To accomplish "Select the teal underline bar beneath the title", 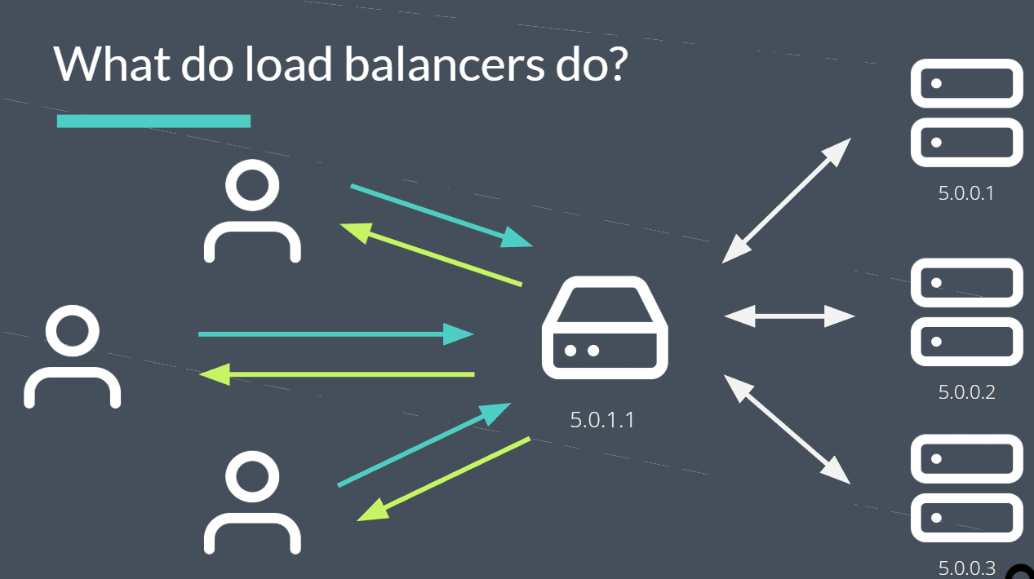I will [153, 121].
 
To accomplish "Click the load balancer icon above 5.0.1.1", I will [605, 328].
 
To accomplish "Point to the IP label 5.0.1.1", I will [602, 420].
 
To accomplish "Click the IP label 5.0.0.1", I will [966, 194].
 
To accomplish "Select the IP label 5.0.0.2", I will [966, 392].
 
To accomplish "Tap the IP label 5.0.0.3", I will [966, 567].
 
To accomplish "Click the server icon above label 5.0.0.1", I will [966, 113].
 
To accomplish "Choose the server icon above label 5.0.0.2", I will [966, 312].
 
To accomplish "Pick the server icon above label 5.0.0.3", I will [966, 488].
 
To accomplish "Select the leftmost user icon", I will [73, 357].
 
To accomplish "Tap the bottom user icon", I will [252, 503].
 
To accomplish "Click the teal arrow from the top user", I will [441, 215].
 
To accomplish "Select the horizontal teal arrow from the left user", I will [335, 334].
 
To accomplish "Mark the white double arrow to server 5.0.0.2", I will [789, 316].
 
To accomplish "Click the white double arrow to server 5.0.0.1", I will [787, 201].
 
